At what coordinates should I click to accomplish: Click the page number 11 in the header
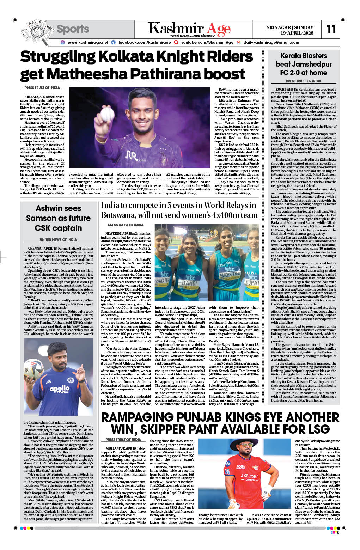pos(331,29)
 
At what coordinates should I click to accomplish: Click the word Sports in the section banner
pos(73,29)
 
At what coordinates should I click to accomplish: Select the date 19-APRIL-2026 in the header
pos(297,33)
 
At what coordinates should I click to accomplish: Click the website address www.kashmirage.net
pos(88,42)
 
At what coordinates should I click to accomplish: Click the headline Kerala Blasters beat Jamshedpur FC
pos(304,64)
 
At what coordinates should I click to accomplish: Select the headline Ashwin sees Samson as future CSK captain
pos(58,218)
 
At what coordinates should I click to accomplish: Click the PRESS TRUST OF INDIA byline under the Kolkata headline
pos(42,88)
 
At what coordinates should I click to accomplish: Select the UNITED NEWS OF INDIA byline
pos(58,240)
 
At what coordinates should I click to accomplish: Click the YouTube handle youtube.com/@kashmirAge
pos(207,42)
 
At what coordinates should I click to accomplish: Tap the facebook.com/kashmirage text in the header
pos(144,42)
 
